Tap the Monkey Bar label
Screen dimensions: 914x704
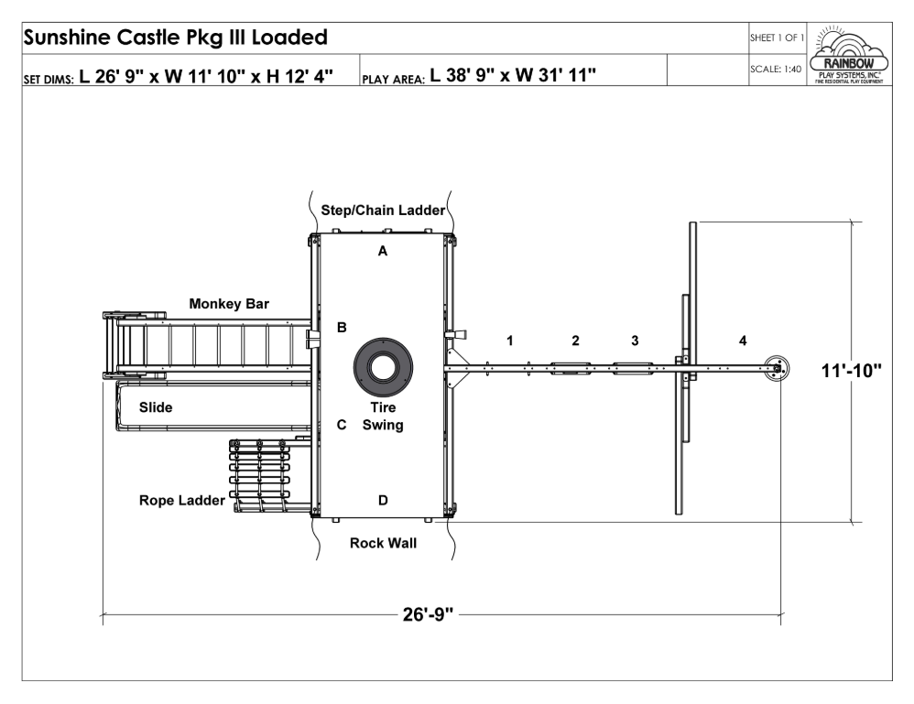pos(229,304)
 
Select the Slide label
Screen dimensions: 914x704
pos(156,407)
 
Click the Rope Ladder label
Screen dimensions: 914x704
pos(182,501)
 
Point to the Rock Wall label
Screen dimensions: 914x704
pos(383,543)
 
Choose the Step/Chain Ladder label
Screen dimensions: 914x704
pos(383,211)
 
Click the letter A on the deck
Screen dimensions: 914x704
pos(383,251)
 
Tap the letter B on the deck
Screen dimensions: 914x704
pos(342,328)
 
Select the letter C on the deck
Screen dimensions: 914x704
pos(342,425)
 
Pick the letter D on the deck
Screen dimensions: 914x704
pos(383,500)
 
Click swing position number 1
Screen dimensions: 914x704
pos(510,341)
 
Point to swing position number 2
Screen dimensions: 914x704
pos(575,341)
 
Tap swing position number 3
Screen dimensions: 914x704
pos(635,341)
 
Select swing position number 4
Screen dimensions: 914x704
pos(743,341)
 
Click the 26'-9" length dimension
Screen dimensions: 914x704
pos(428,615)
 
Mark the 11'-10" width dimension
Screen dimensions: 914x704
pos(851,371)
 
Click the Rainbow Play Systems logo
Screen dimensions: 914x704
pos(849,55)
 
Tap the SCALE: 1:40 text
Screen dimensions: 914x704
pos(776,70)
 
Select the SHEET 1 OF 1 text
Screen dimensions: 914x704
pos(777,38)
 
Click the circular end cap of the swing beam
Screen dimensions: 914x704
pos(777,368)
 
